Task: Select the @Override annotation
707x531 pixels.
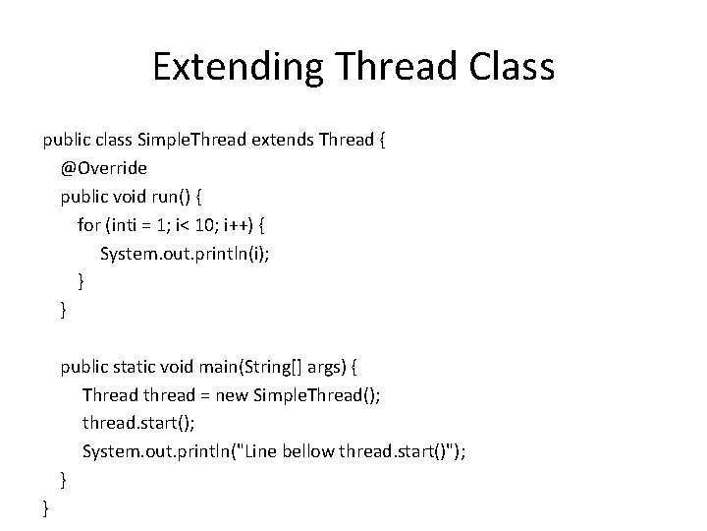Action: [104, 168]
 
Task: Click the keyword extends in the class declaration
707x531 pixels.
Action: [281, 140]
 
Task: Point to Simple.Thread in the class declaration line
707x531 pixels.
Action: [191, 140]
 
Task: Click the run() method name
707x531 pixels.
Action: [165, 197]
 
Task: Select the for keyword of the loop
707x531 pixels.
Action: [89, 225]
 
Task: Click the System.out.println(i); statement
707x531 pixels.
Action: [185, 254]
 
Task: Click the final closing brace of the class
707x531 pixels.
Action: [45, 509]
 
